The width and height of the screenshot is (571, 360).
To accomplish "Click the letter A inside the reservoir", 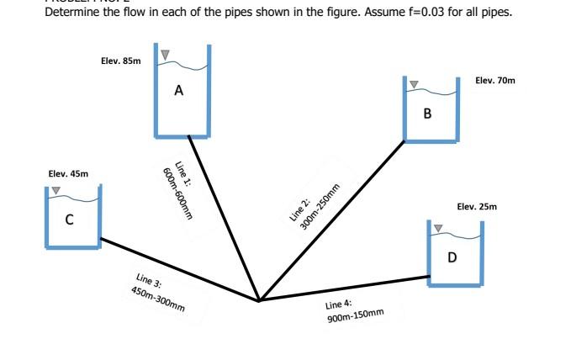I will point(179,89).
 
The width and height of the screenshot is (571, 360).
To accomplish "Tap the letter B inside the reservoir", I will point(428,113).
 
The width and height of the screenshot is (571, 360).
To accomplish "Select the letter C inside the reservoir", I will point(70,220).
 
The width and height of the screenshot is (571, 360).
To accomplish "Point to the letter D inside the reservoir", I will point(452,257).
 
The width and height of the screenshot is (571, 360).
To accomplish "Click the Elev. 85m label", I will point(120,61).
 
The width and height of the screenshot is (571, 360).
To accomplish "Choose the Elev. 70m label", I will point(495,80).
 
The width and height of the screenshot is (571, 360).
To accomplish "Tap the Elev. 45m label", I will point(67,173).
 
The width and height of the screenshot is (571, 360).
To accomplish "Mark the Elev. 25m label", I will point(477,206).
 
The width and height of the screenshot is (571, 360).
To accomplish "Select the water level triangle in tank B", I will point(414,84).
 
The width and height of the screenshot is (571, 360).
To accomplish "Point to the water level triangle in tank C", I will point(56,191).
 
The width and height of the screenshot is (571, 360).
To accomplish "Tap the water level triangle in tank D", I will point(438,227).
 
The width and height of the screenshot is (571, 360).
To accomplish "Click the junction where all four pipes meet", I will point(258,299).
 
